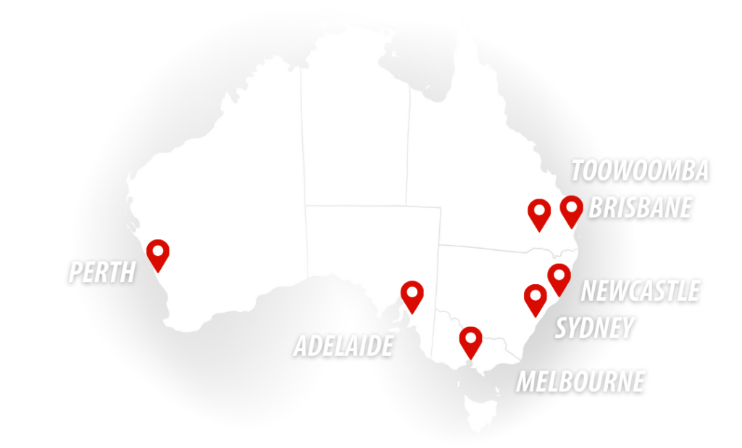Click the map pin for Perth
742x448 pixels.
tap(157, 253)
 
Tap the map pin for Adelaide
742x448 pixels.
tap(412, 294)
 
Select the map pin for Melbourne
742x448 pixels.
tap(471, 341)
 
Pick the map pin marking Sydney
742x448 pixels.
tap(535, 298)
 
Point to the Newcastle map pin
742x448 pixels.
tap(558, 277)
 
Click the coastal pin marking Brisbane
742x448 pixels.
tap(571, 210)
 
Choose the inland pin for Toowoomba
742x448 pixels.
tap(539, 212)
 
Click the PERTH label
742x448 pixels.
tap(101, 273)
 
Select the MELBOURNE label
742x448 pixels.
tap(580, 381)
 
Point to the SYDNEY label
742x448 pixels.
tap(594, 328)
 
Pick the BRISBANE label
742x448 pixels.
tap(639, 209)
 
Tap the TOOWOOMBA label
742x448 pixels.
tap(639, 171)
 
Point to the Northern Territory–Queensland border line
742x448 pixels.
tap(409, 145)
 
